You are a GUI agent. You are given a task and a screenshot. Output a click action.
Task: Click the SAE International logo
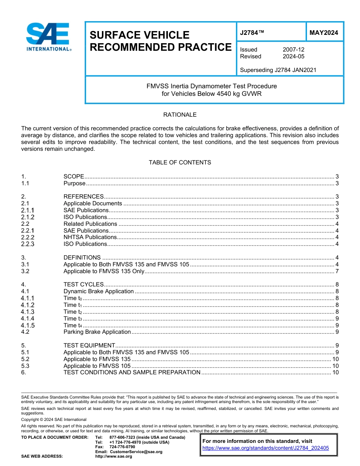pos(48,37)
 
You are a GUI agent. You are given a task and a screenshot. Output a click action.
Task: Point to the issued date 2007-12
pos(293,50)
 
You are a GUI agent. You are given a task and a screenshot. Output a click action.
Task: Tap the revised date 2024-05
pos(293,56)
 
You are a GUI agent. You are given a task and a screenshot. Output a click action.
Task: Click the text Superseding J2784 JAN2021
pos(278,70)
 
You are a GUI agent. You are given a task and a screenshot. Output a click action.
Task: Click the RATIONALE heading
pos(180,115)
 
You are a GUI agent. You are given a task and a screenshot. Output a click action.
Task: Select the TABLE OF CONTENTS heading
pos(180,163)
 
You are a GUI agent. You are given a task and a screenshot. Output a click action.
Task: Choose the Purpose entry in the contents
pos(75,183)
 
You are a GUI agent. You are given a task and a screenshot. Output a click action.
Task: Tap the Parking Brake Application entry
pos(97,332)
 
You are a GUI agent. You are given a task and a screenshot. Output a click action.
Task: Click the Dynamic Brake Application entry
pos(99,291)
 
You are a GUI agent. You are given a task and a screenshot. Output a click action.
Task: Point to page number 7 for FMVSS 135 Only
pos(337,271)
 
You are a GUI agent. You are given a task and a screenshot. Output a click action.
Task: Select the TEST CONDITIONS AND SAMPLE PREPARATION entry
pos(132,372)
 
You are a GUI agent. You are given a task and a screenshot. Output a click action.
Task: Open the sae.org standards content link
pos(266,448)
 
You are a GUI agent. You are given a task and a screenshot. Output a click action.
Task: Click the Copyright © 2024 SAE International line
pos(54,419)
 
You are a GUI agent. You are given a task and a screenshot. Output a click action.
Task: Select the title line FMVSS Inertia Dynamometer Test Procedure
pos(211,86)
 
